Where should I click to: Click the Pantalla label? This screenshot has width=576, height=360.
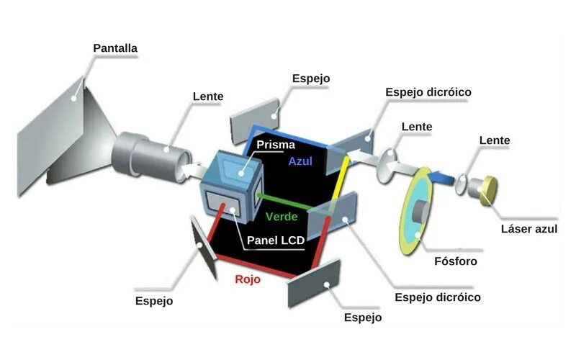tap(115, 48)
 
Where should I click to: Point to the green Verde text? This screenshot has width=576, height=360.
tap(282, 216)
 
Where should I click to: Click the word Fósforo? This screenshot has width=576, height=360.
tap(456, 261)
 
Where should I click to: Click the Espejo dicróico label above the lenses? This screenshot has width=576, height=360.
tap(428, 92)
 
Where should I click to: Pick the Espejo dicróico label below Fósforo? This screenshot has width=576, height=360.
tap(438, 297)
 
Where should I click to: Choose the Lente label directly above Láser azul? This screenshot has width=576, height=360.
tap(495, 140)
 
